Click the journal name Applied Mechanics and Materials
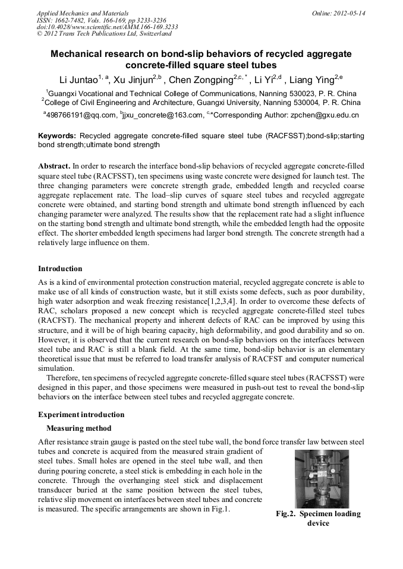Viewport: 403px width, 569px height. click(83, 12)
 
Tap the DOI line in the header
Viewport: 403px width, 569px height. click(107, 27)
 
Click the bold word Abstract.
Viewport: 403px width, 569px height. click(54, 166)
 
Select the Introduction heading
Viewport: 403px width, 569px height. click(60, 269)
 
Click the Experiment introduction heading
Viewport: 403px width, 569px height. click(81, 414)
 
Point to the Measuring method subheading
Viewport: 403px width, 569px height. click(78, 428)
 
